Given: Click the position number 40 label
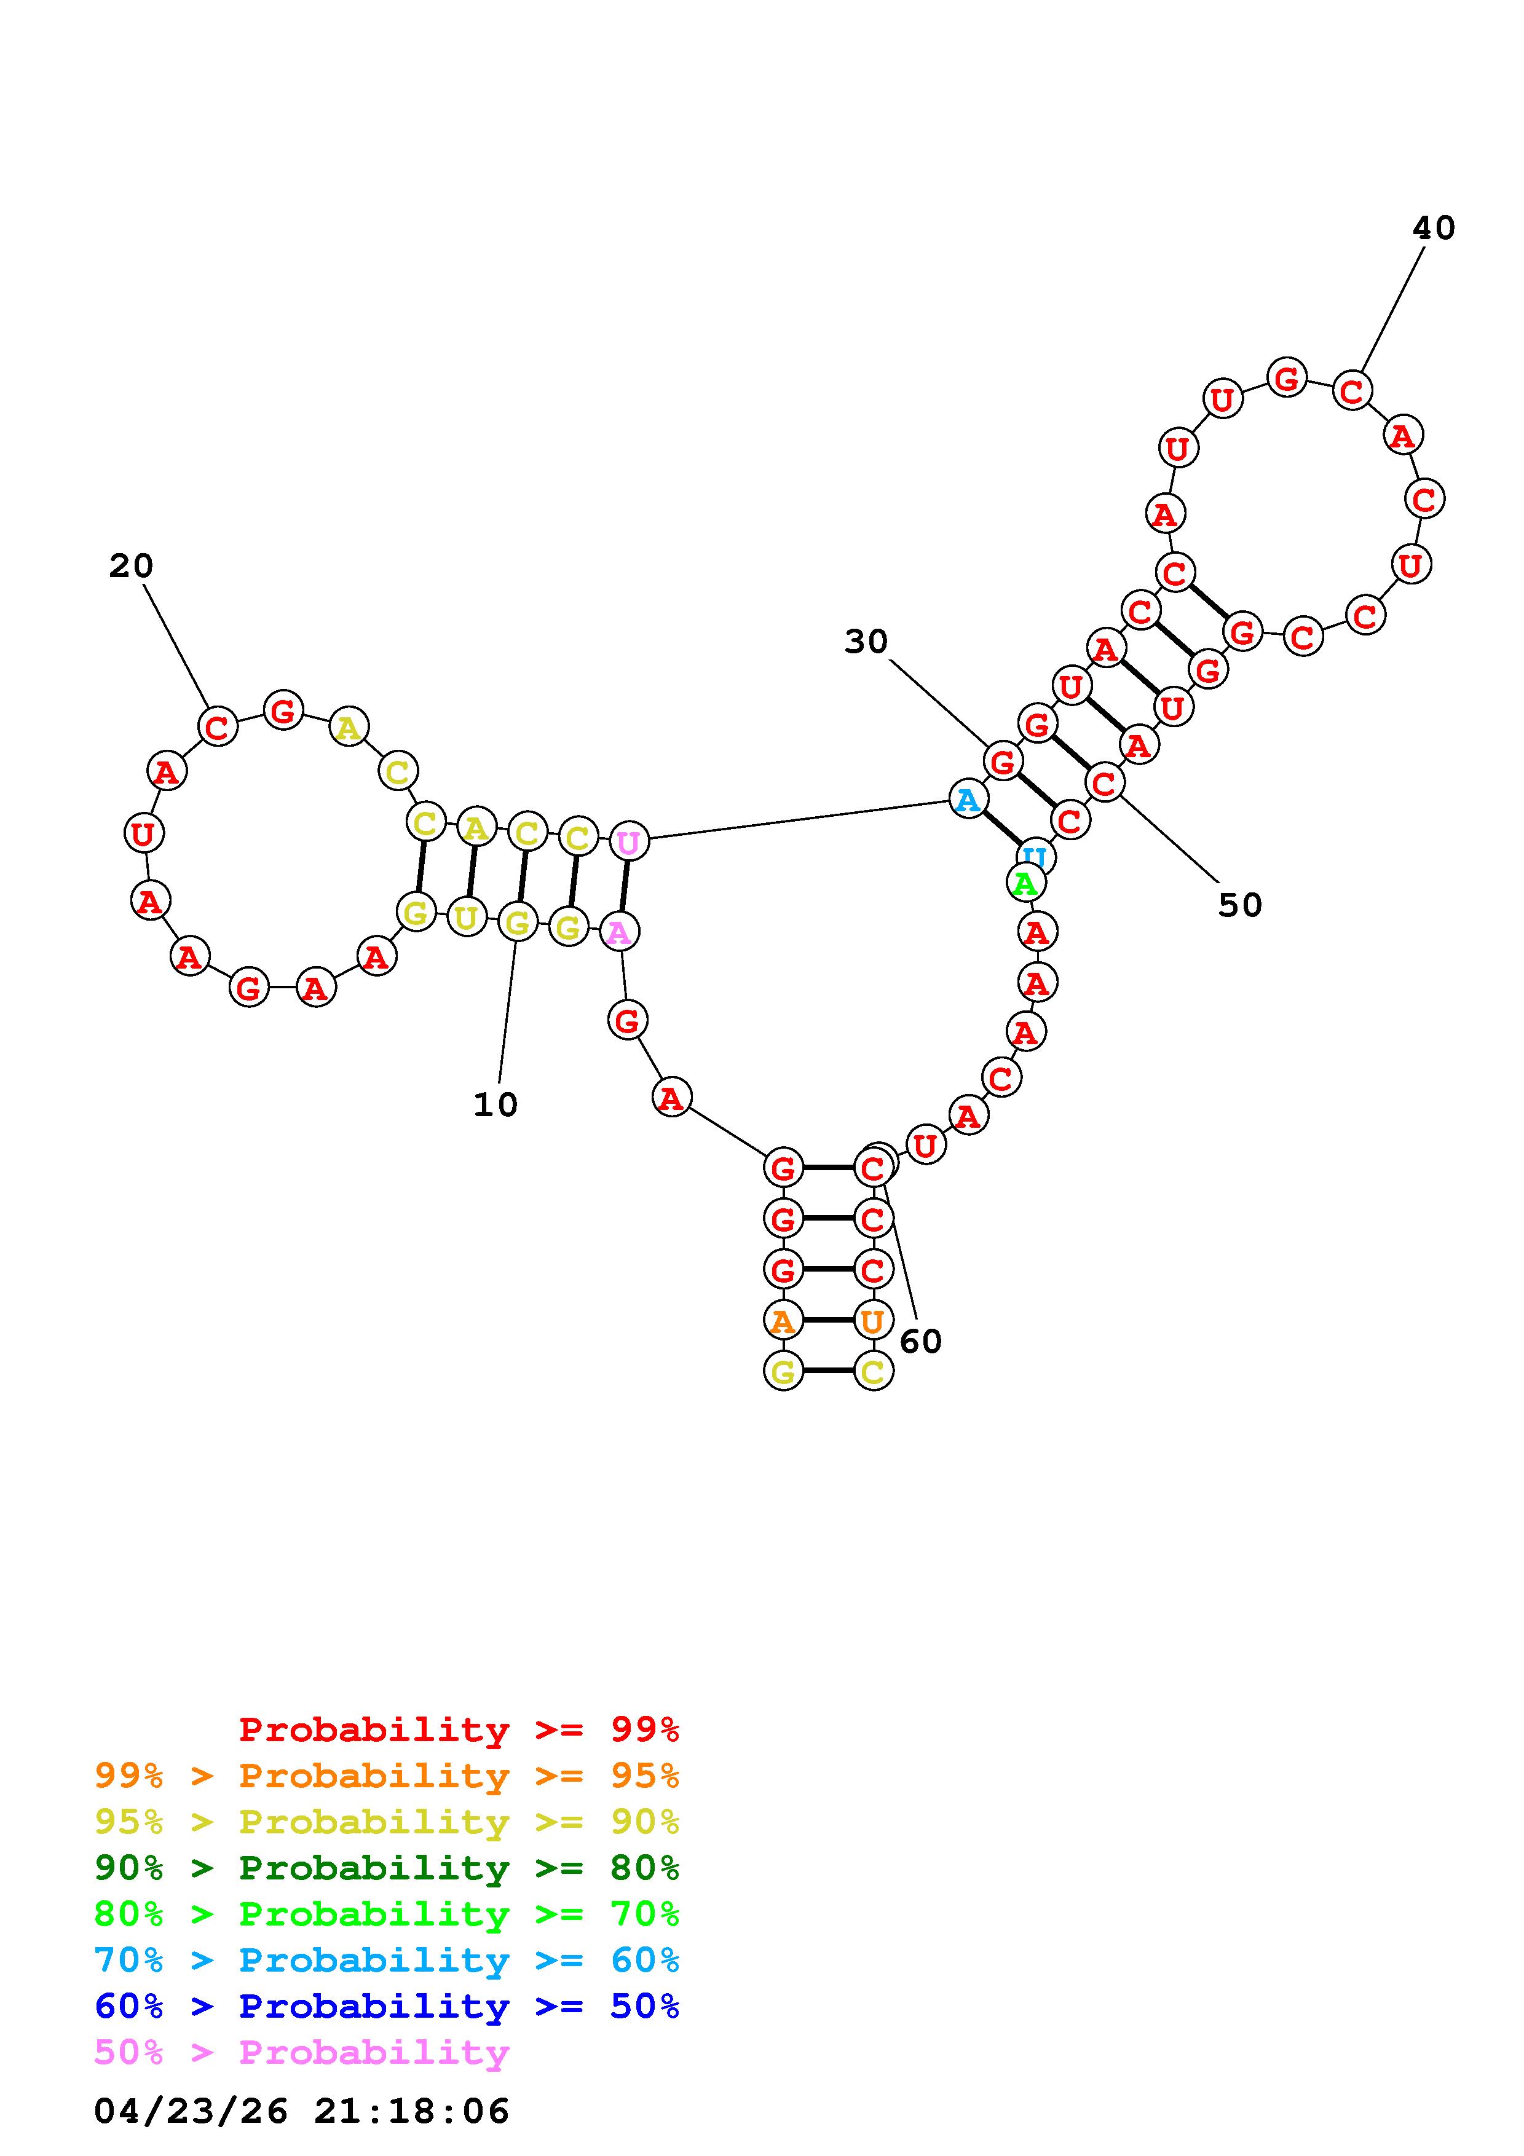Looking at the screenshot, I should coord(1433,228).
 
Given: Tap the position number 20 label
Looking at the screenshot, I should coord(130,566).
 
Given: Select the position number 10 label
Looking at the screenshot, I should coord(495,1105).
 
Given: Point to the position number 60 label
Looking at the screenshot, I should coord(920,1342).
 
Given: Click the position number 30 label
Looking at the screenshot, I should coord(865,642).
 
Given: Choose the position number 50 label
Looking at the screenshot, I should coord(1239,905).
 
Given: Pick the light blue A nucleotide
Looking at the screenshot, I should coord(967,800).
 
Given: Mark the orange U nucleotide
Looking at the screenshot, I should coord(872,1321).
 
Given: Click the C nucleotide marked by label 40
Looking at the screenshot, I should coord(1351,391).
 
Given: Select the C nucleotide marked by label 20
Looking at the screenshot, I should coord(218,726).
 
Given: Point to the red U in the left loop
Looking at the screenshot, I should coord(144,833).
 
